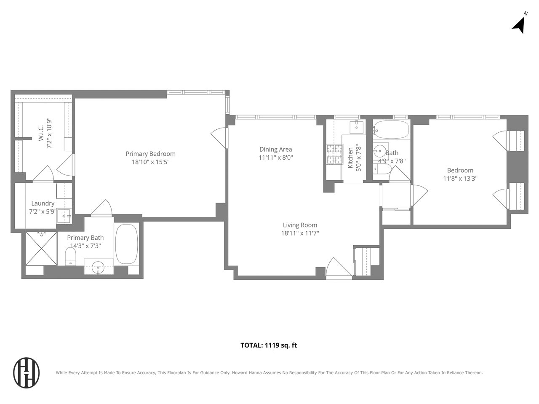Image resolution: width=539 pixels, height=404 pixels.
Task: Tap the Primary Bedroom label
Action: pyautogui.click(x=150, y=154)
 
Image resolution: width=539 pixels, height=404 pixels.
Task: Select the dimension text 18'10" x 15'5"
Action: pyautogui.click(x=150, y=162)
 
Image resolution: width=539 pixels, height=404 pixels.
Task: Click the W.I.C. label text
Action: pyautogui.click(x=41, y=133)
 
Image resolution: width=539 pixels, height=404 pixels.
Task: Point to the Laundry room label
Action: pyautogui.click(x=43, y=203)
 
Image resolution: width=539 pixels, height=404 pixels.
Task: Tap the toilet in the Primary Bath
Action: pyautogui.click(x=70, y=256)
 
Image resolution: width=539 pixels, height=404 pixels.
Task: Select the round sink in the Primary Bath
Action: pyautogui.click(x=98, y=267)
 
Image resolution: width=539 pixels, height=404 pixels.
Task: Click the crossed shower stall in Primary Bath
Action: pyautogui.click(x=41, y=248)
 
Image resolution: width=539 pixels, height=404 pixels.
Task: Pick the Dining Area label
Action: pyautogui.click(x=276, y=149)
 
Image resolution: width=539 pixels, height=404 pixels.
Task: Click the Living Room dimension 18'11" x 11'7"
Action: pyautogui.click(x=300, y=233)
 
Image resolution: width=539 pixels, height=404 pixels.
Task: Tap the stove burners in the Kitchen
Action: pyautogui.click(x=334, y=154)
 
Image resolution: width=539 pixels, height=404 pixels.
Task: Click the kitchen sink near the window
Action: pyautogui.click(x=357, y=127)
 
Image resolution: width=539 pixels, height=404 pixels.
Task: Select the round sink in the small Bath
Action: pyautogui.click(x=380, y=151)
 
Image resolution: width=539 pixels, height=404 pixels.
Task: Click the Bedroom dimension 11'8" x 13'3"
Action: pyautogui.click(x=460, y=179)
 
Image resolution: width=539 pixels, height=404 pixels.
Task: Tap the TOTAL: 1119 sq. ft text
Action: pyautogui.click(x=269, y=345)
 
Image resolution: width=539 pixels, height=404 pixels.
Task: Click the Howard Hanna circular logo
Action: pyautogui.click(x=26, y=372)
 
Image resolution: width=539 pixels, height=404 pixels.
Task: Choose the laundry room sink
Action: pyautogui.click(x=64, y=216)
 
